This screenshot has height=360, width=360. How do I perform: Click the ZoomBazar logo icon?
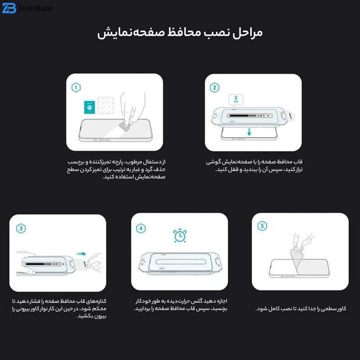tap(9, 8)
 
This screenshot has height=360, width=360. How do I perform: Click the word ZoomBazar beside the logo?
tap(36, 8)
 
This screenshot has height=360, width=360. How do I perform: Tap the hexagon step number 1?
tap(76, 87)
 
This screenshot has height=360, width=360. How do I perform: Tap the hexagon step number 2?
tap(215, 87)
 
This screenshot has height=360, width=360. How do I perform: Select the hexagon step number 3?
tap(21, 229)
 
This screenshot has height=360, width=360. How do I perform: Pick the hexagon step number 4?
tap(141, 229)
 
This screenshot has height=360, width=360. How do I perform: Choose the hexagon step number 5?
tap(262, 226)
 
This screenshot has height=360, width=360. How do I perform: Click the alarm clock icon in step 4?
tap(180, 235)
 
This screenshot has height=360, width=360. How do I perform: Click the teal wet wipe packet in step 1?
tap(90, 107)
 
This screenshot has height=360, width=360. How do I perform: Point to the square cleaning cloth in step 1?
tap(106, 105)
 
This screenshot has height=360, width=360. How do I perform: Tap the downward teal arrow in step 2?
tap(249, 132)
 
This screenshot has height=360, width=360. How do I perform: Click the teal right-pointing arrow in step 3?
tap(81, 254)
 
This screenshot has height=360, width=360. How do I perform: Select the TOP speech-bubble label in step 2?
tap(236, 99)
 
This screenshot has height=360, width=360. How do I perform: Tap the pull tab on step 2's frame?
tap(290, 116)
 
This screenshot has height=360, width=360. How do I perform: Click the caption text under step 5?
tap(301, 309)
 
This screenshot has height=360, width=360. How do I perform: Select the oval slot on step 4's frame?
tap(180, 262)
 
